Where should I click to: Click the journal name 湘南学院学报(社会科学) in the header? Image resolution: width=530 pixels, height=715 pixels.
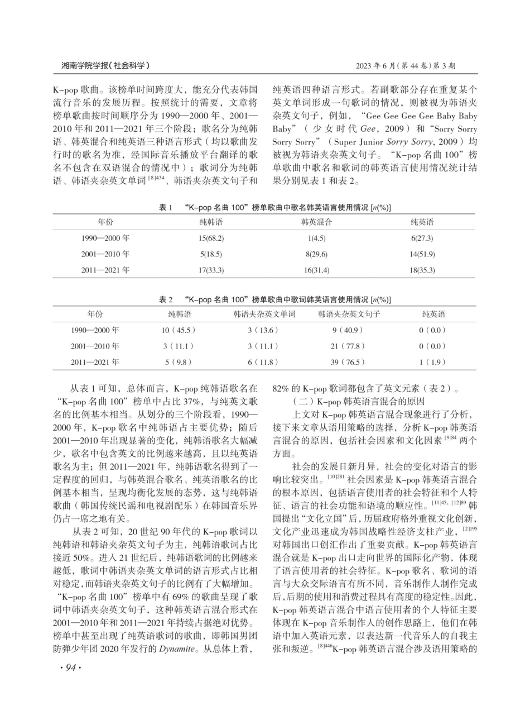click(x=105, y=66)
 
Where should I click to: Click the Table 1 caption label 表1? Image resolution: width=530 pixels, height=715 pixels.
click(x=166, y=207)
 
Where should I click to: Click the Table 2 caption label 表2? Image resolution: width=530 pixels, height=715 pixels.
click(x=166, y=299)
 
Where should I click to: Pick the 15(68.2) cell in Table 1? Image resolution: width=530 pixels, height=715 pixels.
click(x=210, y=239)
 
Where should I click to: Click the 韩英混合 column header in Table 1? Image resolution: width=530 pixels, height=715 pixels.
click(x=316, y=222)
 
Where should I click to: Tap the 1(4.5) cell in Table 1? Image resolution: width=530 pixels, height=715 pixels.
click(x=316, y=239)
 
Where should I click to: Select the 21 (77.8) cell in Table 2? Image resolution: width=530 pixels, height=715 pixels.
click(x=349, y=346)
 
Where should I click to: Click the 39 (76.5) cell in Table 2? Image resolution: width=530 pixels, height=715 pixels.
click(x=349, y=362)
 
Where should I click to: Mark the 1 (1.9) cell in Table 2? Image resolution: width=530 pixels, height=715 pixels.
click(x=433, y=362)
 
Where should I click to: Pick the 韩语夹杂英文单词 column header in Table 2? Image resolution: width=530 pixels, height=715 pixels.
click(x=264, y=314)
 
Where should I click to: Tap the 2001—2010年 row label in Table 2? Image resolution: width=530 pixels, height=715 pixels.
click(x=95, y=346)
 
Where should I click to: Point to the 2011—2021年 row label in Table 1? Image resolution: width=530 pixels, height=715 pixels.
click(x=105, y=270)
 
